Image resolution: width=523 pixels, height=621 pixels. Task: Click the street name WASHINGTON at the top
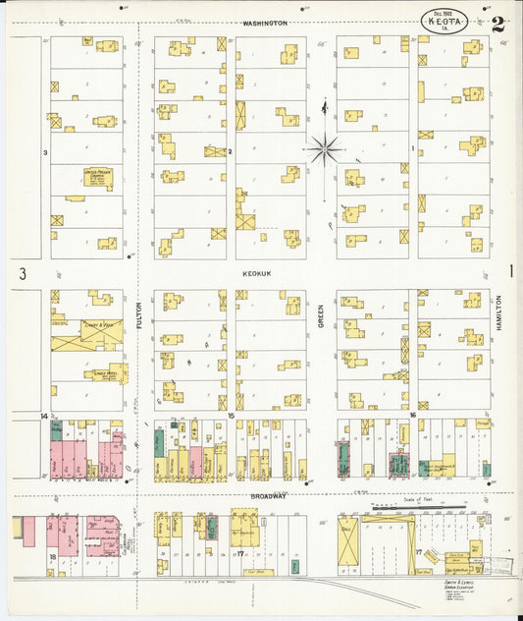pyautogui.click(x=266, y=23)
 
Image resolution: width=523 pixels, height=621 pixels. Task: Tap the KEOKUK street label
pyautogui.click(x=259, y=276)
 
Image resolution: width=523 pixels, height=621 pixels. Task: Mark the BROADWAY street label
pyautogui.click(x=267, y=497)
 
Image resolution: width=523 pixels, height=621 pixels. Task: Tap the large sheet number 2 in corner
pyautogui.click(x=498, y=24)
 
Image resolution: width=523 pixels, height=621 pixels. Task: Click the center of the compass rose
pyautogui.click(x=324, y=150)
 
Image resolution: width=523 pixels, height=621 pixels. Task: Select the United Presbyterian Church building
pyautogui.click(x=98, y=178)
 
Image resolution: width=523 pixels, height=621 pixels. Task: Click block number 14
pyautogui.click(x=44, y=417)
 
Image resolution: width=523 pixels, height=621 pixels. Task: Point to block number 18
pyautogui.click(x=51, y=555)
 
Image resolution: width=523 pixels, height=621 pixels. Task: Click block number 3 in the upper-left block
pyautogui.click(x=45, y=152)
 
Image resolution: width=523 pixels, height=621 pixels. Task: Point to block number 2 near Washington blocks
pyautogui.click(x=230, y=152)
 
